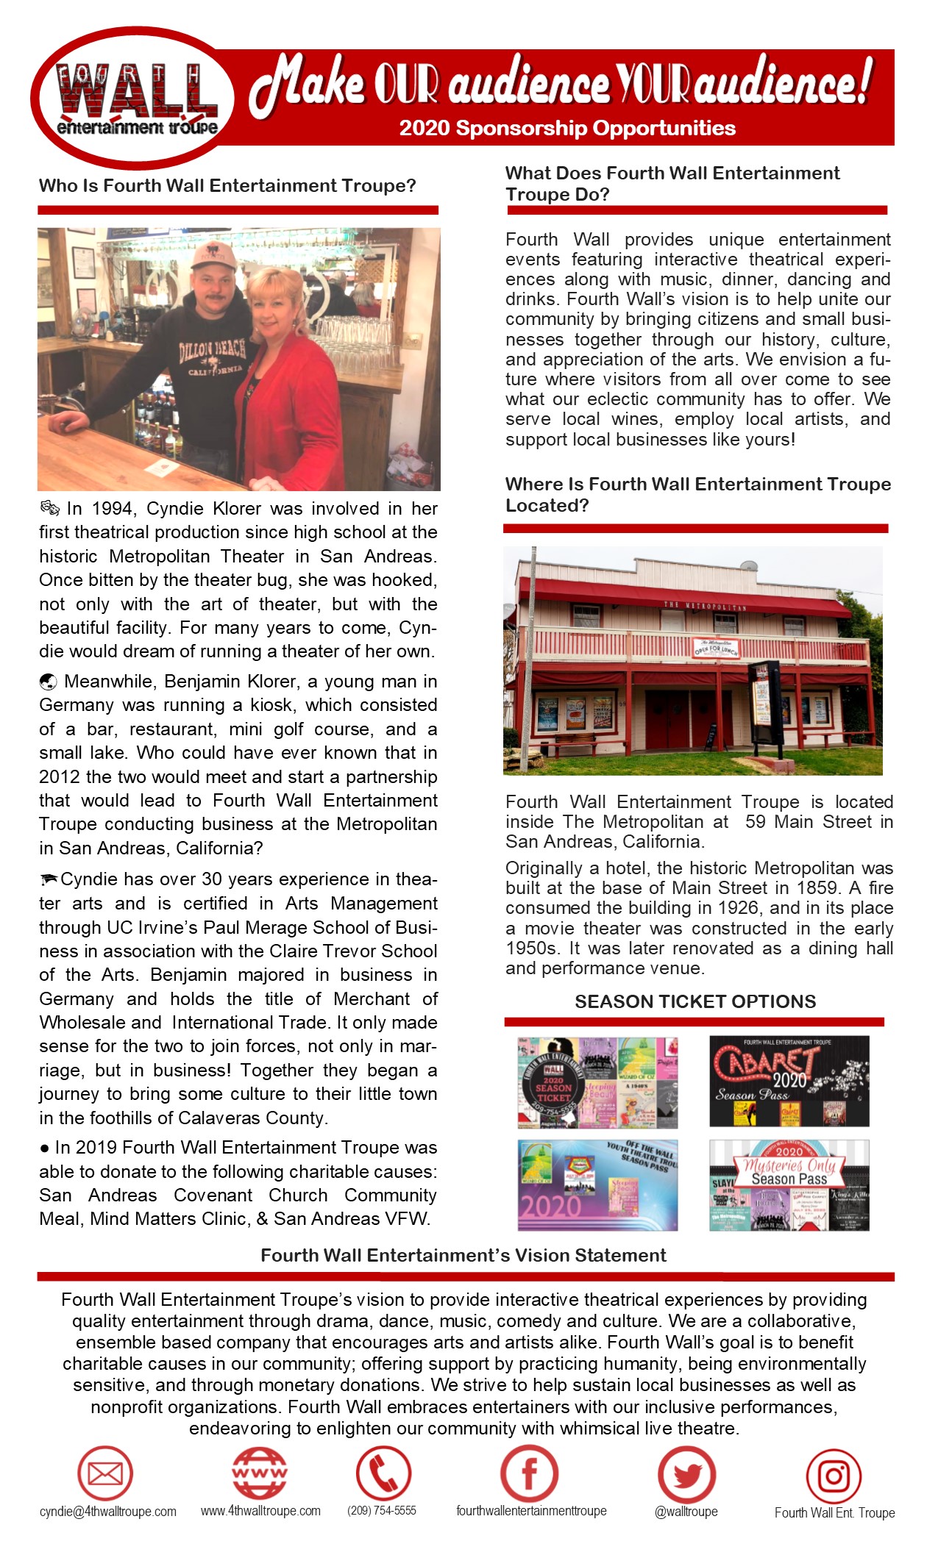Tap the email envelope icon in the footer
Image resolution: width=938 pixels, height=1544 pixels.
point(105,1473)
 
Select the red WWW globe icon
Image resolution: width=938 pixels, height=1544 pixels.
point(260,1473)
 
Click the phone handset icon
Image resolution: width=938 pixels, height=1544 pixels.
point(383,1473)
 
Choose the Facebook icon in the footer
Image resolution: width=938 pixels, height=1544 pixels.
point(529,1473)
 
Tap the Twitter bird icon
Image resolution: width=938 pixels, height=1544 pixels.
point(686,1474)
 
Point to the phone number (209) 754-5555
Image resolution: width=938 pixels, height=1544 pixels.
point(382,1510)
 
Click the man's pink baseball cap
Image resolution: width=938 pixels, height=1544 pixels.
point(213,257)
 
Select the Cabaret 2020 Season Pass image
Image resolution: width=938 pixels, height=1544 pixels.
point(789,1081)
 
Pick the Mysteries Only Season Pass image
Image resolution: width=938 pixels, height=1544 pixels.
point(789,1185)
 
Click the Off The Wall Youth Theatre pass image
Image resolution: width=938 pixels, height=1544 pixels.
point(597,1185)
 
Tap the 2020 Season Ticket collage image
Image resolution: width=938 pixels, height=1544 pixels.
point(597,1082)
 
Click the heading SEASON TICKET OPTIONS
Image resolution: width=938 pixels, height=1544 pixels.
point(695,1001)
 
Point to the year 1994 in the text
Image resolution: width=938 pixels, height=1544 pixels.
point(112,509)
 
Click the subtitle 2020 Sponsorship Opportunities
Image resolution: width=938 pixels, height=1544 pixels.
point(567,128)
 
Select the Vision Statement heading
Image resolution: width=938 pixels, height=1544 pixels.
point(463,1255)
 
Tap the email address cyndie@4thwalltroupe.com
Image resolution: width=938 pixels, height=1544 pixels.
point(108,1512)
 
